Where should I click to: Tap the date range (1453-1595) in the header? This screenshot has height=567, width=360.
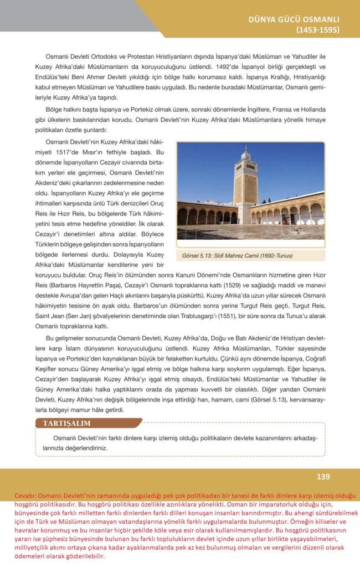coord(317,30)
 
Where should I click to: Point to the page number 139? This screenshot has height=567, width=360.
coord(323,477)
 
